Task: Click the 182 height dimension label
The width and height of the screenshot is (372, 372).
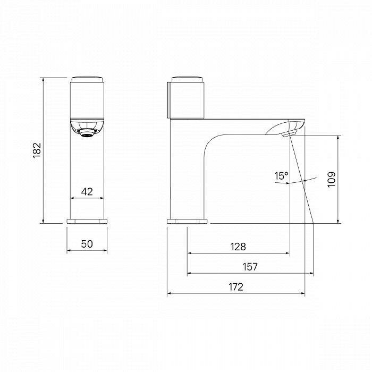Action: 37,150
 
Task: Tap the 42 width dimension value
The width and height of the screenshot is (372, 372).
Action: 87,191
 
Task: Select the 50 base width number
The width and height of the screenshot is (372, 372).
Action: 87,243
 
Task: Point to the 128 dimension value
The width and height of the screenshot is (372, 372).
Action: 238,247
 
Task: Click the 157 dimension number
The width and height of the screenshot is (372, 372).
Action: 250,267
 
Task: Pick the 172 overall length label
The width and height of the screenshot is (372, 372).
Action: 236,287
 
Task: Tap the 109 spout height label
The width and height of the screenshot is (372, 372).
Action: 332,180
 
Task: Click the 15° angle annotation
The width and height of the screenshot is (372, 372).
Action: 281,176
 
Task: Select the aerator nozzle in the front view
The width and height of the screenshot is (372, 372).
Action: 87,133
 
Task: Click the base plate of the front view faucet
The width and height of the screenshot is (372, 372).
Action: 87,222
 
